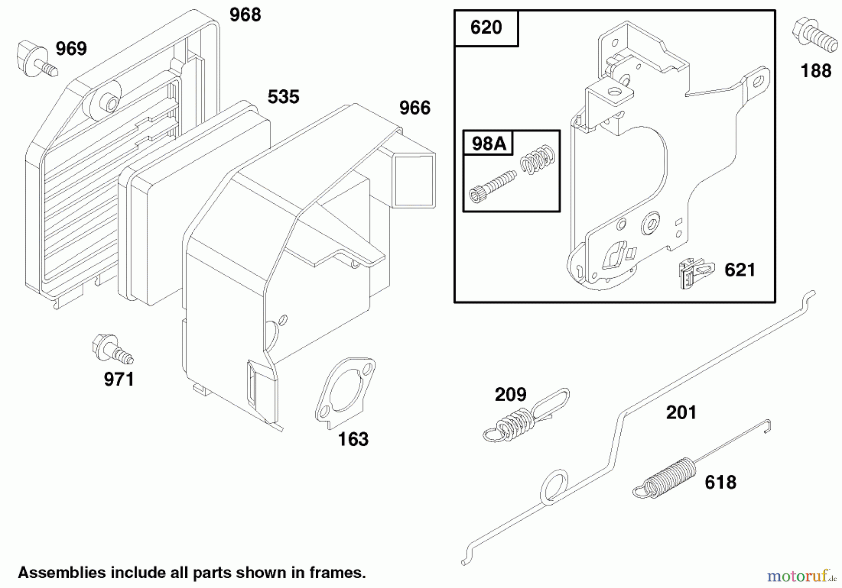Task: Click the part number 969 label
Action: click(71, 49)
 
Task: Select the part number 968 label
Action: click(245, 15)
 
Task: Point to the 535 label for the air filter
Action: click(283, 97)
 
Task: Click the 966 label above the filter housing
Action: click(414, 108)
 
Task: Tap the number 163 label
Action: click(353, 439)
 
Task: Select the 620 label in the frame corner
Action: click(486, 28)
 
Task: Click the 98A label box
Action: click(488, 143)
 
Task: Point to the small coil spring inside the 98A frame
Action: click(538, 160)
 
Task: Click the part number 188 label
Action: click(816, 71)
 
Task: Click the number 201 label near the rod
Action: click(681, 413)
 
